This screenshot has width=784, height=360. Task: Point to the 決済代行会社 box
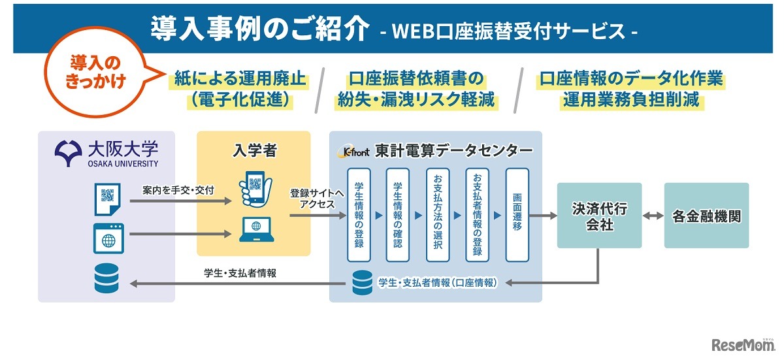pos(599,216)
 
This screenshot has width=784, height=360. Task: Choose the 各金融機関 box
pos(706,216)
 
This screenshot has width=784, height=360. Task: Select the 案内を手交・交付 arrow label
pos(178,190)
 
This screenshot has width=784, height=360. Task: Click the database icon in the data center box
pos(361,282)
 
